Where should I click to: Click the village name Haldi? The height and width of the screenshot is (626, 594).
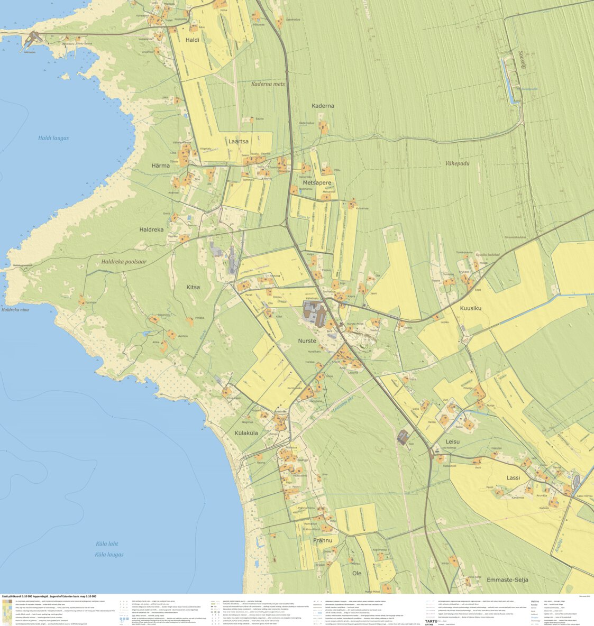193,40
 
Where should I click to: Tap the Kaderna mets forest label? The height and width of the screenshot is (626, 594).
268,84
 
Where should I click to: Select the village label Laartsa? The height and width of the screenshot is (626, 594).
238,142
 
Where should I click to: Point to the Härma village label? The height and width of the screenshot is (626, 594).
161,165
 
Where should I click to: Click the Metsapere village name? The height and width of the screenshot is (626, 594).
317,183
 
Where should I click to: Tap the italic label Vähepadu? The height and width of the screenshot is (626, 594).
457,163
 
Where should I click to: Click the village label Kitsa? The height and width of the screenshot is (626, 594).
193,287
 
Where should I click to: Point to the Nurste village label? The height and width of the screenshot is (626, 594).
307,341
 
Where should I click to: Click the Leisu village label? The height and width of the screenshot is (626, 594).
452,441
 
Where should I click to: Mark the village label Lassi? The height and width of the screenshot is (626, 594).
513,477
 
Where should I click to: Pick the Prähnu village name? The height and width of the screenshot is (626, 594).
323,540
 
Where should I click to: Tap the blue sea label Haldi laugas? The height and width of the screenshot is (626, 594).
53,138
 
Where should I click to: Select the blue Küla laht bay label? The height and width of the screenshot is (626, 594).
107,544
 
